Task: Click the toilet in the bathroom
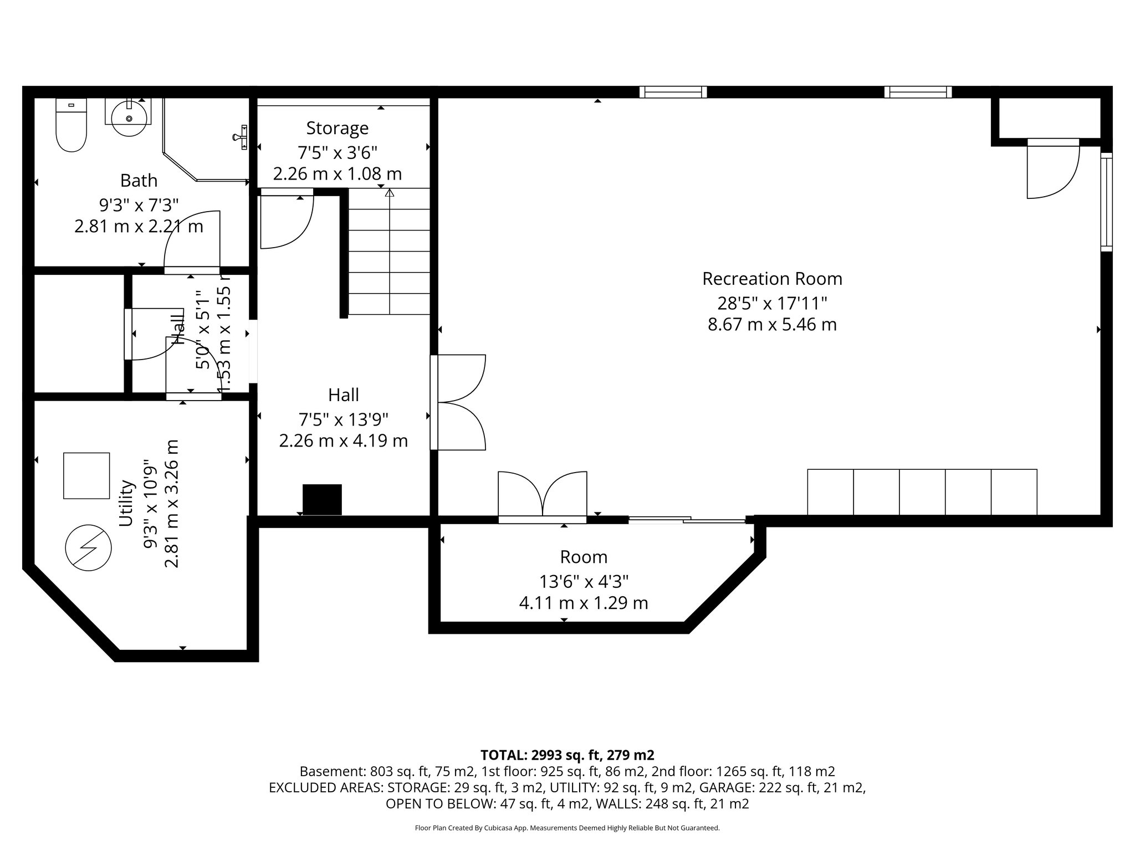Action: coord(71,126)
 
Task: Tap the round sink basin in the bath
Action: coord(129,118)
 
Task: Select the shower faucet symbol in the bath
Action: coord(242,137)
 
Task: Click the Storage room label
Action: coord(337,128)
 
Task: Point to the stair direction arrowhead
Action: coord(390,193)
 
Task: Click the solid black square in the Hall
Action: coord(322,499)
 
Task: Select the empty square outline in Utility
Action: coord(86,475)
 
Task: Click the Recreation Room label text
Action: coord(771,279)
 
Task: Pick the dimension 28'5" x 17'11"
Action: coord(771,303)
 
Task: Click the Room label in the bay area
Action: coord(583,557)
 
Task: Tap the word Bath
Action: coord(139,181)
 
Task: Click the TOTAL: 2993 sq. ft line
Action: coord(567,755)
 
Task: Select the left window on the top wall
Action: coord(673,92)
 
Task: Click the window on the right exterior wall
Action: coord(1106,202)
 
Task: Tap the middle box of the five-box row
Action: coord(922,492)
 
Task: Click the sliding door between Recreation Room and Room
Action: coord(687,520)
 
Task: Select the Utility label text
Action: coord(127,503)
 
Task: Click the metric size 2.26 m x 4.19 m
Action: coord(343,441)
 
